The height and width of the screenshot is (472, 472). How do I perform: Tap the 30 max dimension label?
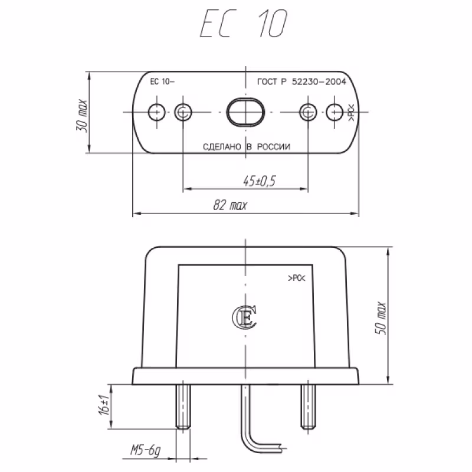point(82,113)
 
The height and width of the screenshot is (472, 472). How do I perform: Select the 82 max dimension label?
point(230,205)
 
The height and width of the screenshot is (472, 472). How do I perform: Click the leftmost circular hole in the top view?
point(156,112)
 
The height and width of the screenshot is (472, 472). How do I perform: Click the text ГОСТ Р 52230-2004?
point(301,83)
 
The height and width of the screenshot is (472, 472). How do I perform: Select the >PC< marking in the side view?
point(296,277)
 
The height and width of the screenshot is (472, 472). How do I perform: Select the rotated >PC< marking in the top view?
point(350,113)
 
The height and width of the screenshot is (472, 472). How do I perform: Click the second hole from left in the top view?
point(183,112)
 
